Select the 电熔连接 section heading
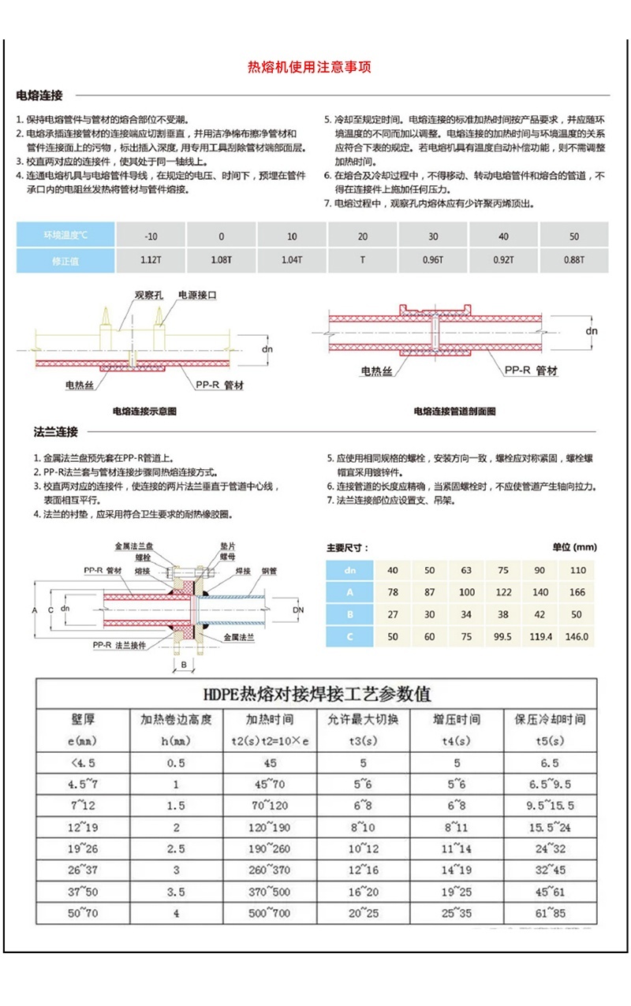(x=39, y=95)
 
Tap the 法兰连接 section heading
(x=56, y=432)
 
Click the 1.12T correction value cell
(x=151, y=260)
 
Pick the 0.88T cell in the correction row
(x=573, y=260)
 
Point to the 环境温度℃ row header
(x=66, y=236)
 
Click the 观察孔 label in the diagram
(x=147, y=295)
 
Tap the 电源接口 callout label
(x=197, y=295)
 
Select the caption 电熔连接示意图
(x=144, y=411)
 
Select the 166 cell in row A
(x=577, y=592)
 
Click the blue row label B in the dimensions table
(x=349, y=614)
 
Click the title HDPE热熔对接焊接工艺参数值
(x=317, y=695)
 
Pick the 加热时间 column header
(x=270, y=719)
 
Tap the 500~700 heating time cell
(x=270, y=913)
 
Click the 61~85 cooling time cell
(x=550, y=913)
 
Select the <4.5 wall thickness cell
(x=83, y=762)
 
